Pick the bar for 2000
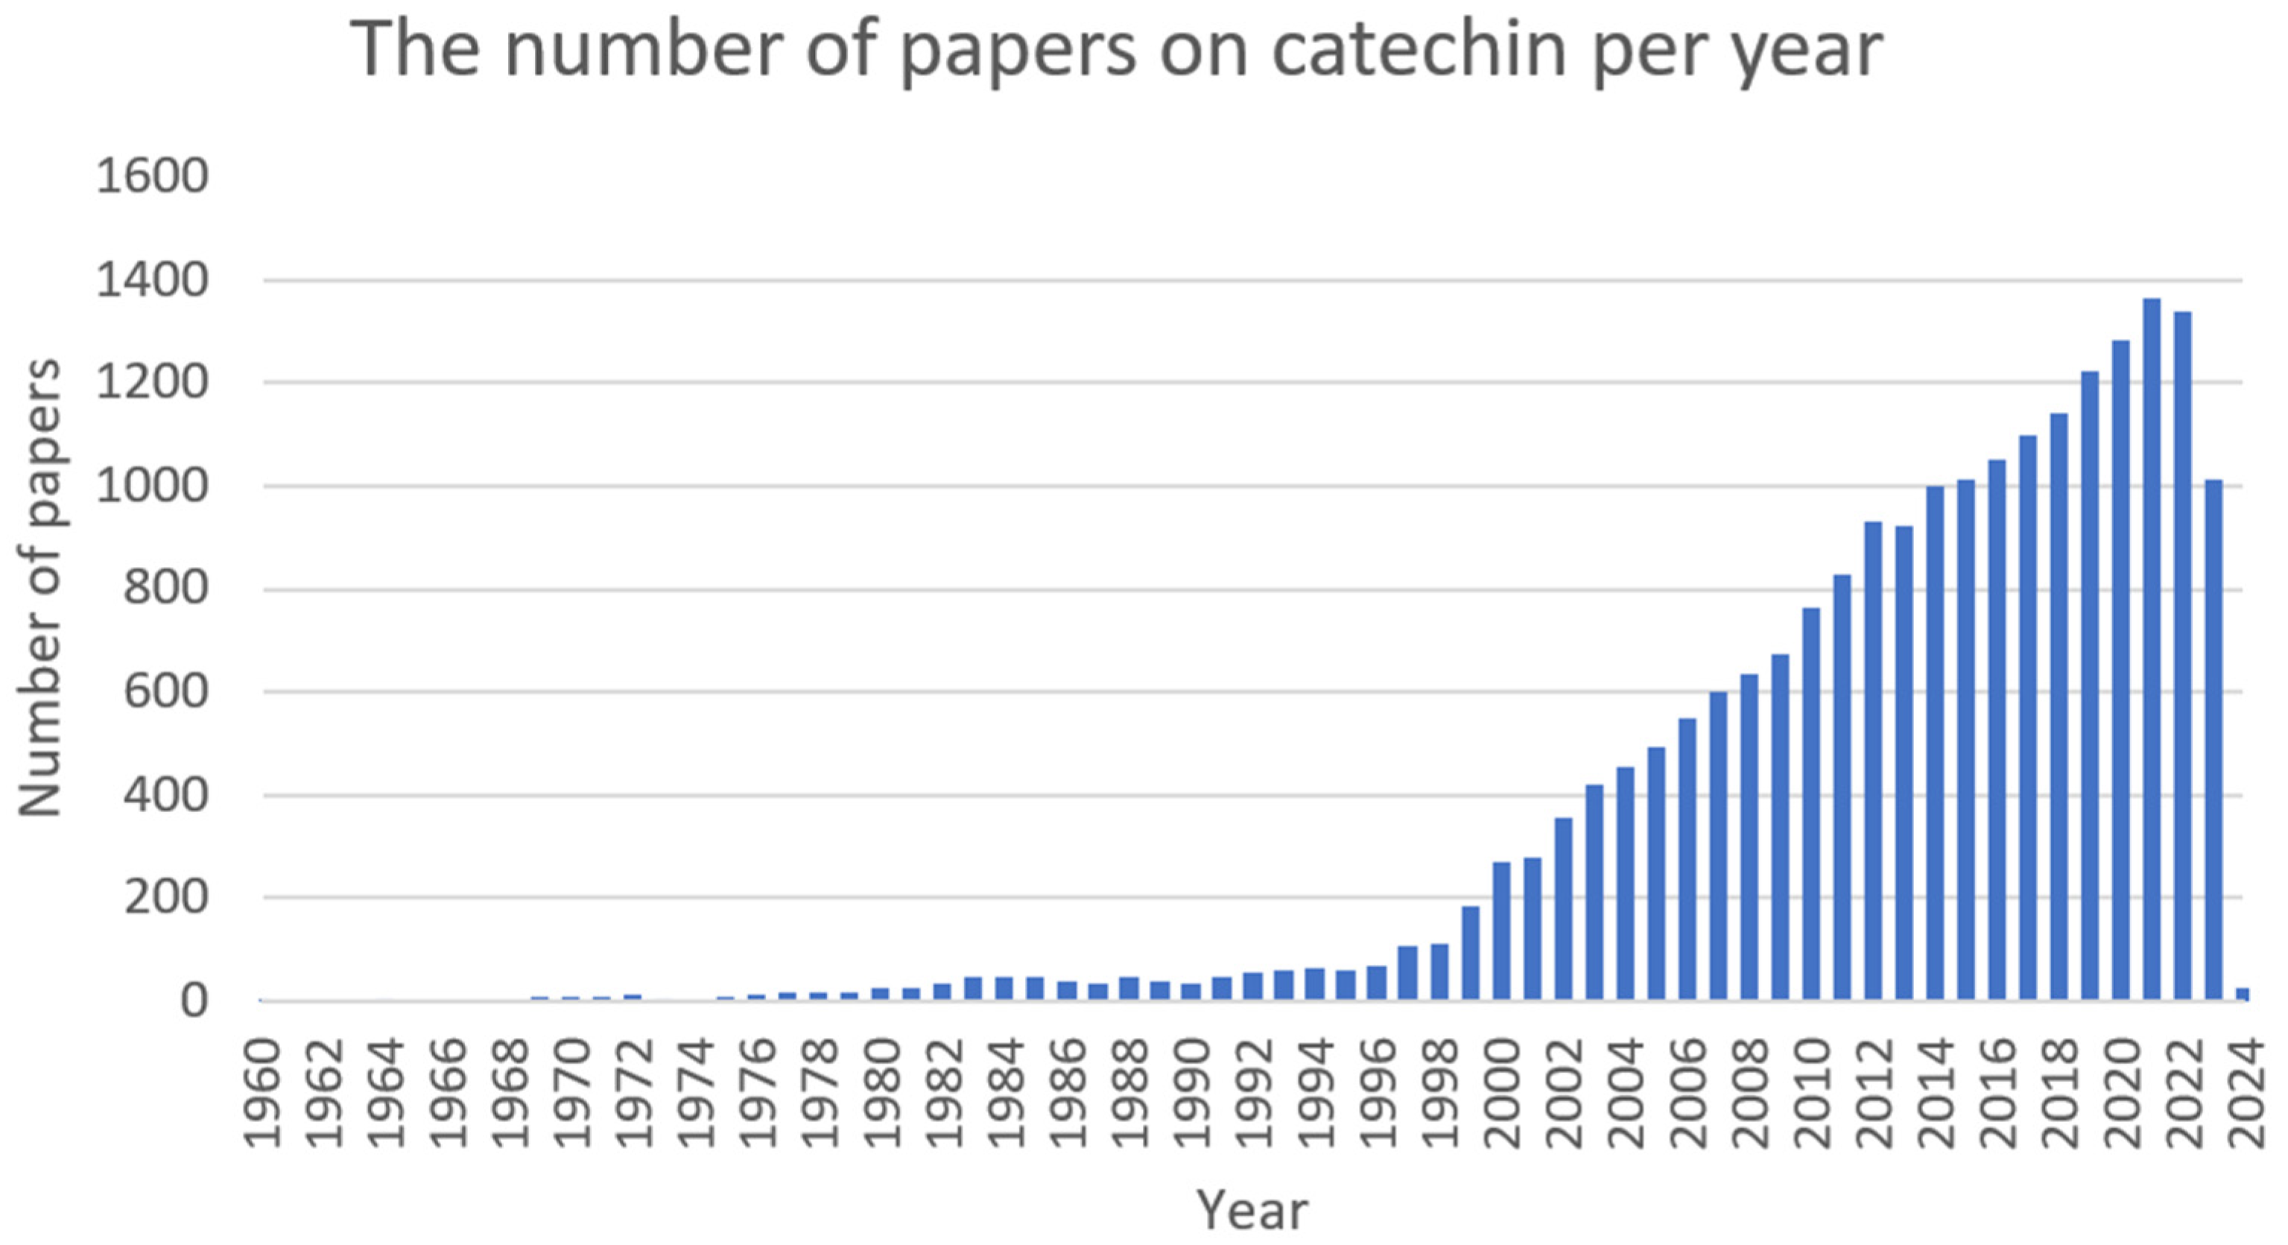coord(1501,931)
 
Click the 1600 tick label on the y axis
coord(152,177)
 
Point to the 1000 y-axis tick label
coord(152,487)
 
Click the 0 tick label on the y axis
coord(194,1001)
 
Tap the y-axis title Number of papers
coord(41,587)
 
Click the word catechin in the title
coord(1419,50)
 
